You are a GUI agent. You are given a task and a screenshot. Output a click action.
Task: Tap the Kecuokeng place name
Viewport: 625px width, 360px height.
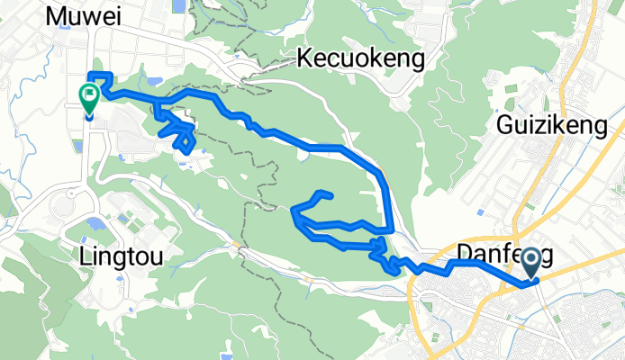click(360, 59)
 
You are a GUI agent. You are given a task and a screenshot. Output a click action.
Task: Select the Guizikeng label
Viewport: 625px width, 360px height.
click(552, 127)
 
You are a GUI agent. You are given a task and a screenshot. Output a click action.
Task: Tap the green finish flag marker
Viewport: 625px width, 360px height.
click(89, 96)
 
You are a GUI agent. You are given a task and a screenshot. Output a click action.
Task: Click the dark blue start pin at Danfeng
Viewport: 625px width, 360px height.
click(530, 263)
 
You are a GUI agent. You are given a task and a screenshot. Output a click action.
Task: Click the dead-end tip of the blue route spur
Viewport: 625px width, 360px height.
click(332, 195)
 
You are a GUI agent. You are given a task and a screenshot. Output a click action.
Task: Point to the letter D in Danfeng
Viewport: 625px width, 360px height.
click(464, 253)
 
